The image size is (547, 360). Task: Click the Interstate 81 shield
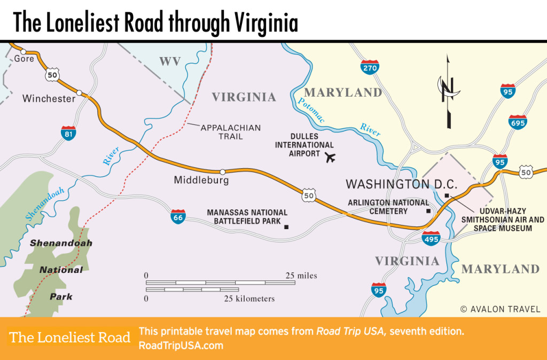click(x=68, y=132)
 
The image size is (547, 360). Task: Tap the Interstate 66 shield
click(x=178, y=216)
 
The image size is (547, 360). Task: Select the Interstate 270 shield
click(x=370, y=67)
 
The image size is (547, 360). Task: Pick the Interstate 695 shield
click(x=518, y=121)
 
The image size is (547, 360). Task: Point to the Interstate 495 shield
click(x=431, y=238)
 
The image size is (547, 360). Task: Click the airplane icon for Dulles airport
click(x=330, y=157)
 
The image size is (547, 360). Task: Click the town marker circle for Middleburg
click(x=222, y=172)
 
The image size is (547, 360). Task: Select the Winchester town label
click(x=49, y=99)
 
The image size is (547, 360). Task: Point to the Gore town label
click(x=24, y=59)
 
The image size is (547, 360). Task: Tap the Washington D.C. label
click(x=402, y=184)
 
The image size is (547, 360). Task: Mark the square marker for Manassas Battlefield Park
click(x=286, y=227)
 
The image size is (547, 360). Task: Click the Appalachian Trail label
click(x=231, y=132)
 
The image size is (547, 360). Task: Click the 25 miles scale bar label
click(x=301, y=276)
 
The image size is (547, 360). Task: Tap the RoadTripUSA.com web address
click(x=181, y=346)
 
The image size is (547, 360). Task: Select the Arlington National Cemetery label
click(x=388, y=207)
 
